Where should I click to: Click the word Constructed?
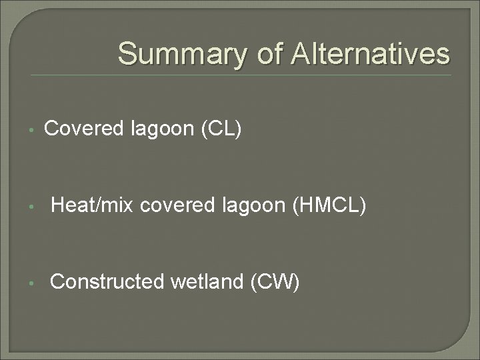coord(107,282)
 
